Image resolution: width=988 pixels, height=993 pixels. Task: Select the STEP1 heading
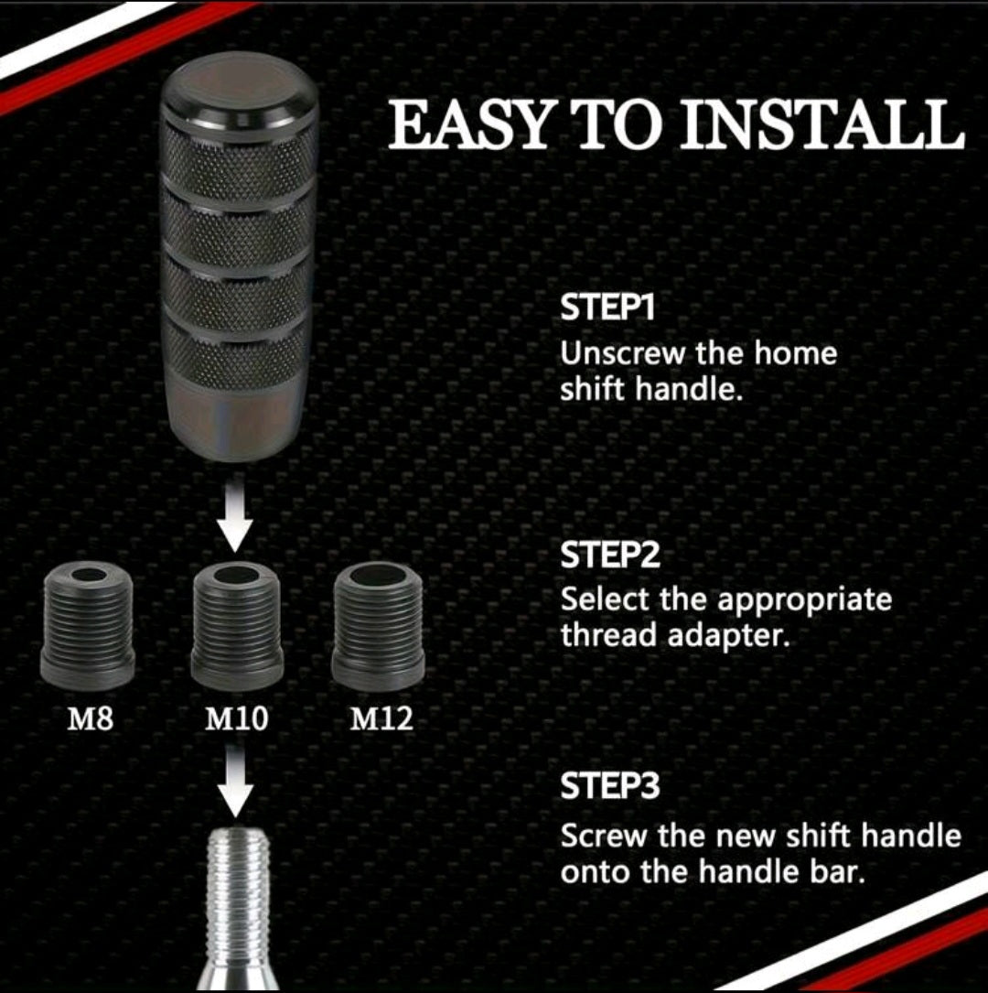click(608, 308)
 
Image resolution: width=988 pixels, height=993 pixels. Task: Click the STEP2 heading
click(610, 556)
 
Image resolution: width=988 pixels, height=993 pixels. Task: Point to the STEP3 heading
click(610, 787)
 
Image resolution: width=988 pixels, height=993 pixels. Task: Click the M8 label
click(91, 718)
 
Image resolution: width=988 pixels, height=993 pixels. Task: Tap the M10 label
click(236, 718)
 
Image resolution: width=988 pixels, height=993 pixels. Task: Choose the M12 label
click(381, 718)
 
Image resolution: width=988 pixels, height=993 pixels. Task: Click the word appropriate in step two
click(804, 601)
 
